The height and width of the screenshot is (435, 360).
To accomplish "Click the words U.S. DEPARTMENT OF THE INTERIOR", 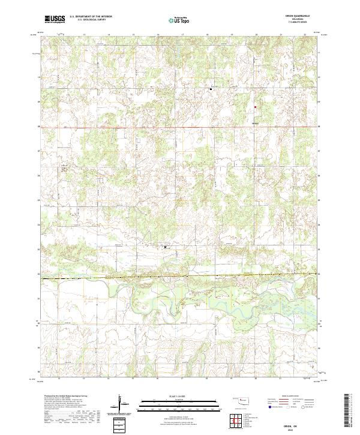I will tap(91, 17).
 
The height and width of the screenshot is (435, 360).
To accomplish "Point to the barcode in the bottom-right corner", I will tap(351, 410).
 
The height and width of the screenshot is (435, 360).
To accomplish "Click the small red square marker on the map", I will tap(255, 108).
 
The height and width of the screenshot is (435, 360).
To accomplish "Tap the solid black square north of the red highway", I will tap(211, 89).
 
